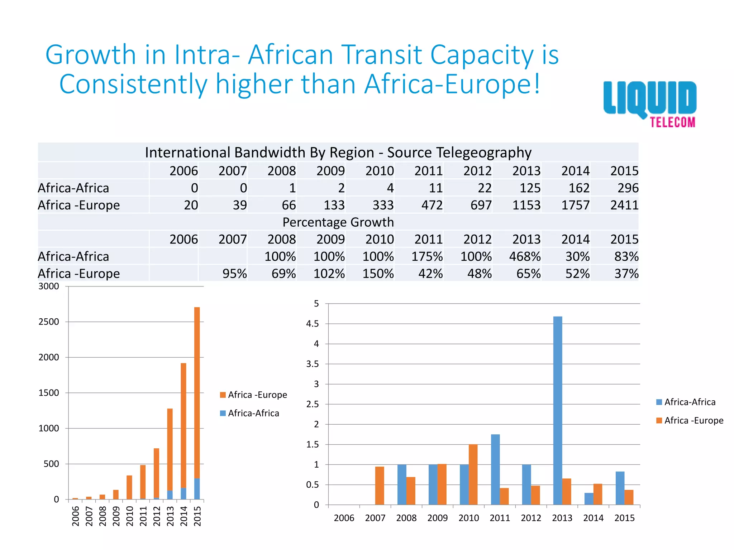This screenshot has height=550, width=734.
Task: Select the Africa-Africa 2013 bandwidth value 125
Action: (530, 188)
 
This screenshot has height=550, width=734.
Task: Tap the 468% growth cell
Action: (525, 256)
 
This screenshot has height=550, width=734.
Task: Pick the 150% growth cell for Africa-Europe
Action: (378, 274)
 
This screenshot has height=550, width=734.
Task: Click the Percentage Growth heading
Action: (338, 222)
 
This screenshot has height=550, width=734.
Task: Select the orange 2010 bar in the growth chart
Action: (473, 474)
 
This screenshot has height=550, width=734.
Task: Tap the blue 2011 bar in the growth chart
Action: (495, 469)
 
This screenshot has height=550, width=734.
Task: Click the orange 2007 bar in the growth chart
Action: (380, 486)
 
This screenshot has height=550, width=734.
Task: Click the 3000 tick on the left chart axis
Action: (49, 286)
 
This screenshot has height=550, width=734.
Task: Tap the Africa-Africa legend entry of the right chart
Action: (685, 402)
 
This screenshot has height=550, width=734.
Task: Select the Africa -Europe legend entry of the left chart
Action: (253, 395)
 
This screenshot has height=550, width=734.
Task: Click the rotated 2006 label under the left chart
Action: (76, 516)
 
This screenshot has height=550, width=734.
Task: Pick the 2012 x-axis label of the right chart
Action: (531, 518)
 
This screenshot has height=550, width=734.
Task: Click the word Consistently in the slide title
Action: (133, 84)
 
